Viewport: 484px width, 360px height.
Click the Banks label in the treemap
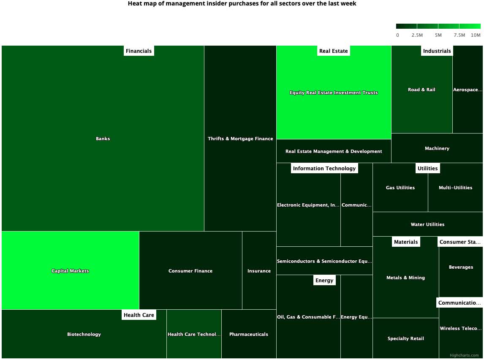click(103, 139)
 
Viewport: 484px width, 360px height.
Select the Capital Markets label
click(70, 271)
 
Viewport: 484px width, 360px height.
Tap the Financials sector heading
click(139, 51)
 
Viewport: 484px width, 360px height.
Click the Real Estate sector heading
click(333, 51)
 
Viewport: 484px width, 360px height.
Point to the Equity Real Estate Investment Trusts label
click(334, 93)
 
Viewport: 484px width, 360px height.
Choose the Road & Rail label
click(421, 90)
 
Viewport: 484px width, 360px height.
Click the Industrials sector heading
click(437, 51)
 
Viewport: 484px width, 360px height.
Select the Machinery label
click(437, 148)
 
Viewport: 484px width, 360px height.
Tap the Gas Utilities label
click(400, 188)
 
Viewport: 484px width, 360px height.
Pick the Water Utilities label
click(427, 224)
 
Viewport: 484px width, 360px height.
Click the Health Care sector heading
click(139, 315)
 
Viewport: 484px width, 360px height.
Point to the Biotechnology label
click(84, 334)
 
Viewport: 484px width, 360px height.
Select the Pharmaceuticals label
click(248, 334)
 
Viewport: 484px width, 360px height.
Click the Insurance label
click(259, 271)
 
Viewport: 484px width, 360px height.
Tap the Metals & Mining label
click(405, 278)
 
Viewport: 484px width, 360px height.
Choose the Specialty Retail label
click(405, 338)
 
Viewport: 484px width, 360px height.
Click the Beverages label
click(461, 267)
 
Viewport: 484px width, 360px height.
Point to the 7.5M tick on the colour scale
click(459, 35)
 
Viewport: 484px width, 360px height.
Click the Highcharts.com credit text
click(464, 355)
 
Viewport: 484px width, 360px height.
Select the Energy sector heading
click(324, 280)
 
